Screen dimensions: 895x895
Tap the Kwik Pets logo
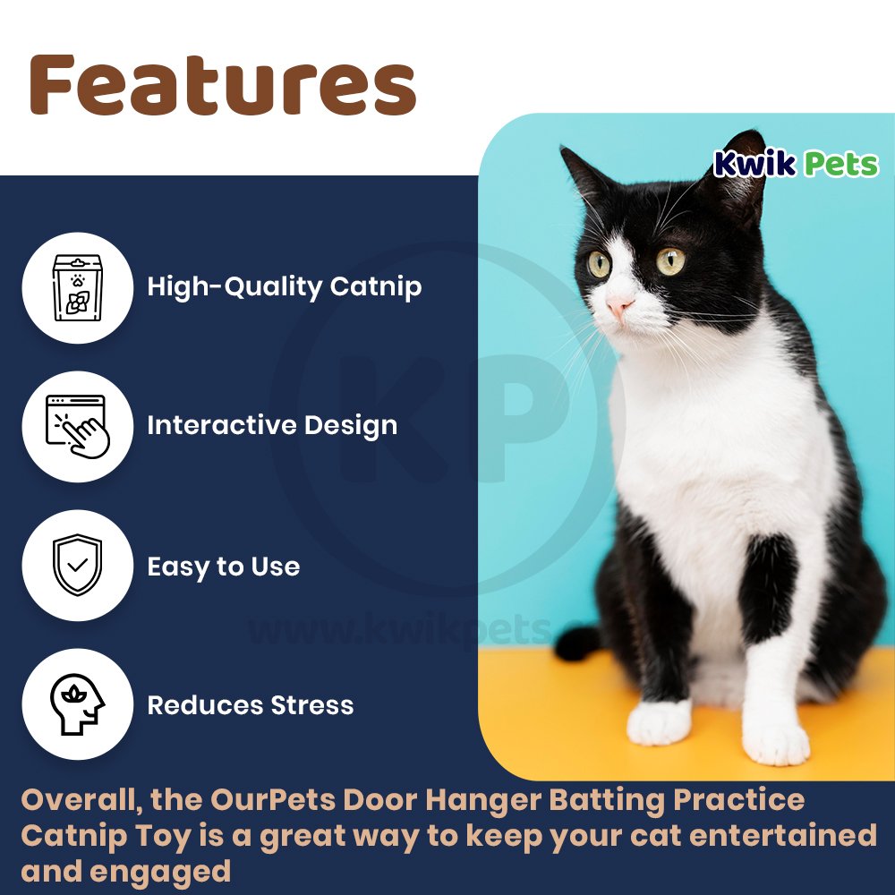click(x=796, y=164)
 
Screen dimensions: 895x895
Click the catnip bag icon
click(x=78, y=286)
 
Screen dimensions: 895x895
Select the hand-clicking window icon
click(x=78, y=426)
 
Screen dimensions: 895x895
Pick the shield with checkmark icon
click(x=78, y=566)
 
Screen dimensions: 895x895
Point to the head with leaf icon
click(x=78, y=704)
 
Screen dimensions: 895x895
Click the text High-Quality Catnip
click(x=284, y=287)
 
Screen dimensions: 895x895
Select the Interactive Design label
click(x=272, y=425)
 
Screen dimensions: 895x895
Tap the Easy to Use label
click(x=223, y=567)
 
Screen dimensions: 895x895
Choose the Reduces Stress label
click(x=250, y=705)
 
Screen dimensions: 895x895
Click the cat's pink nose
click(x=618, y=308)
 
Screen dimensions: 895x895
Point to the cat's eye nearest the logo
click(x=670, y=261)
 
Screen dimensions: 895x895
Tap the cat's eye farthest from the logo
click(x=599, y=264)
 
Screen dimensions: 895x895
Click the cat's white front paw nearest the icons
click(x=659, y=722)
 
